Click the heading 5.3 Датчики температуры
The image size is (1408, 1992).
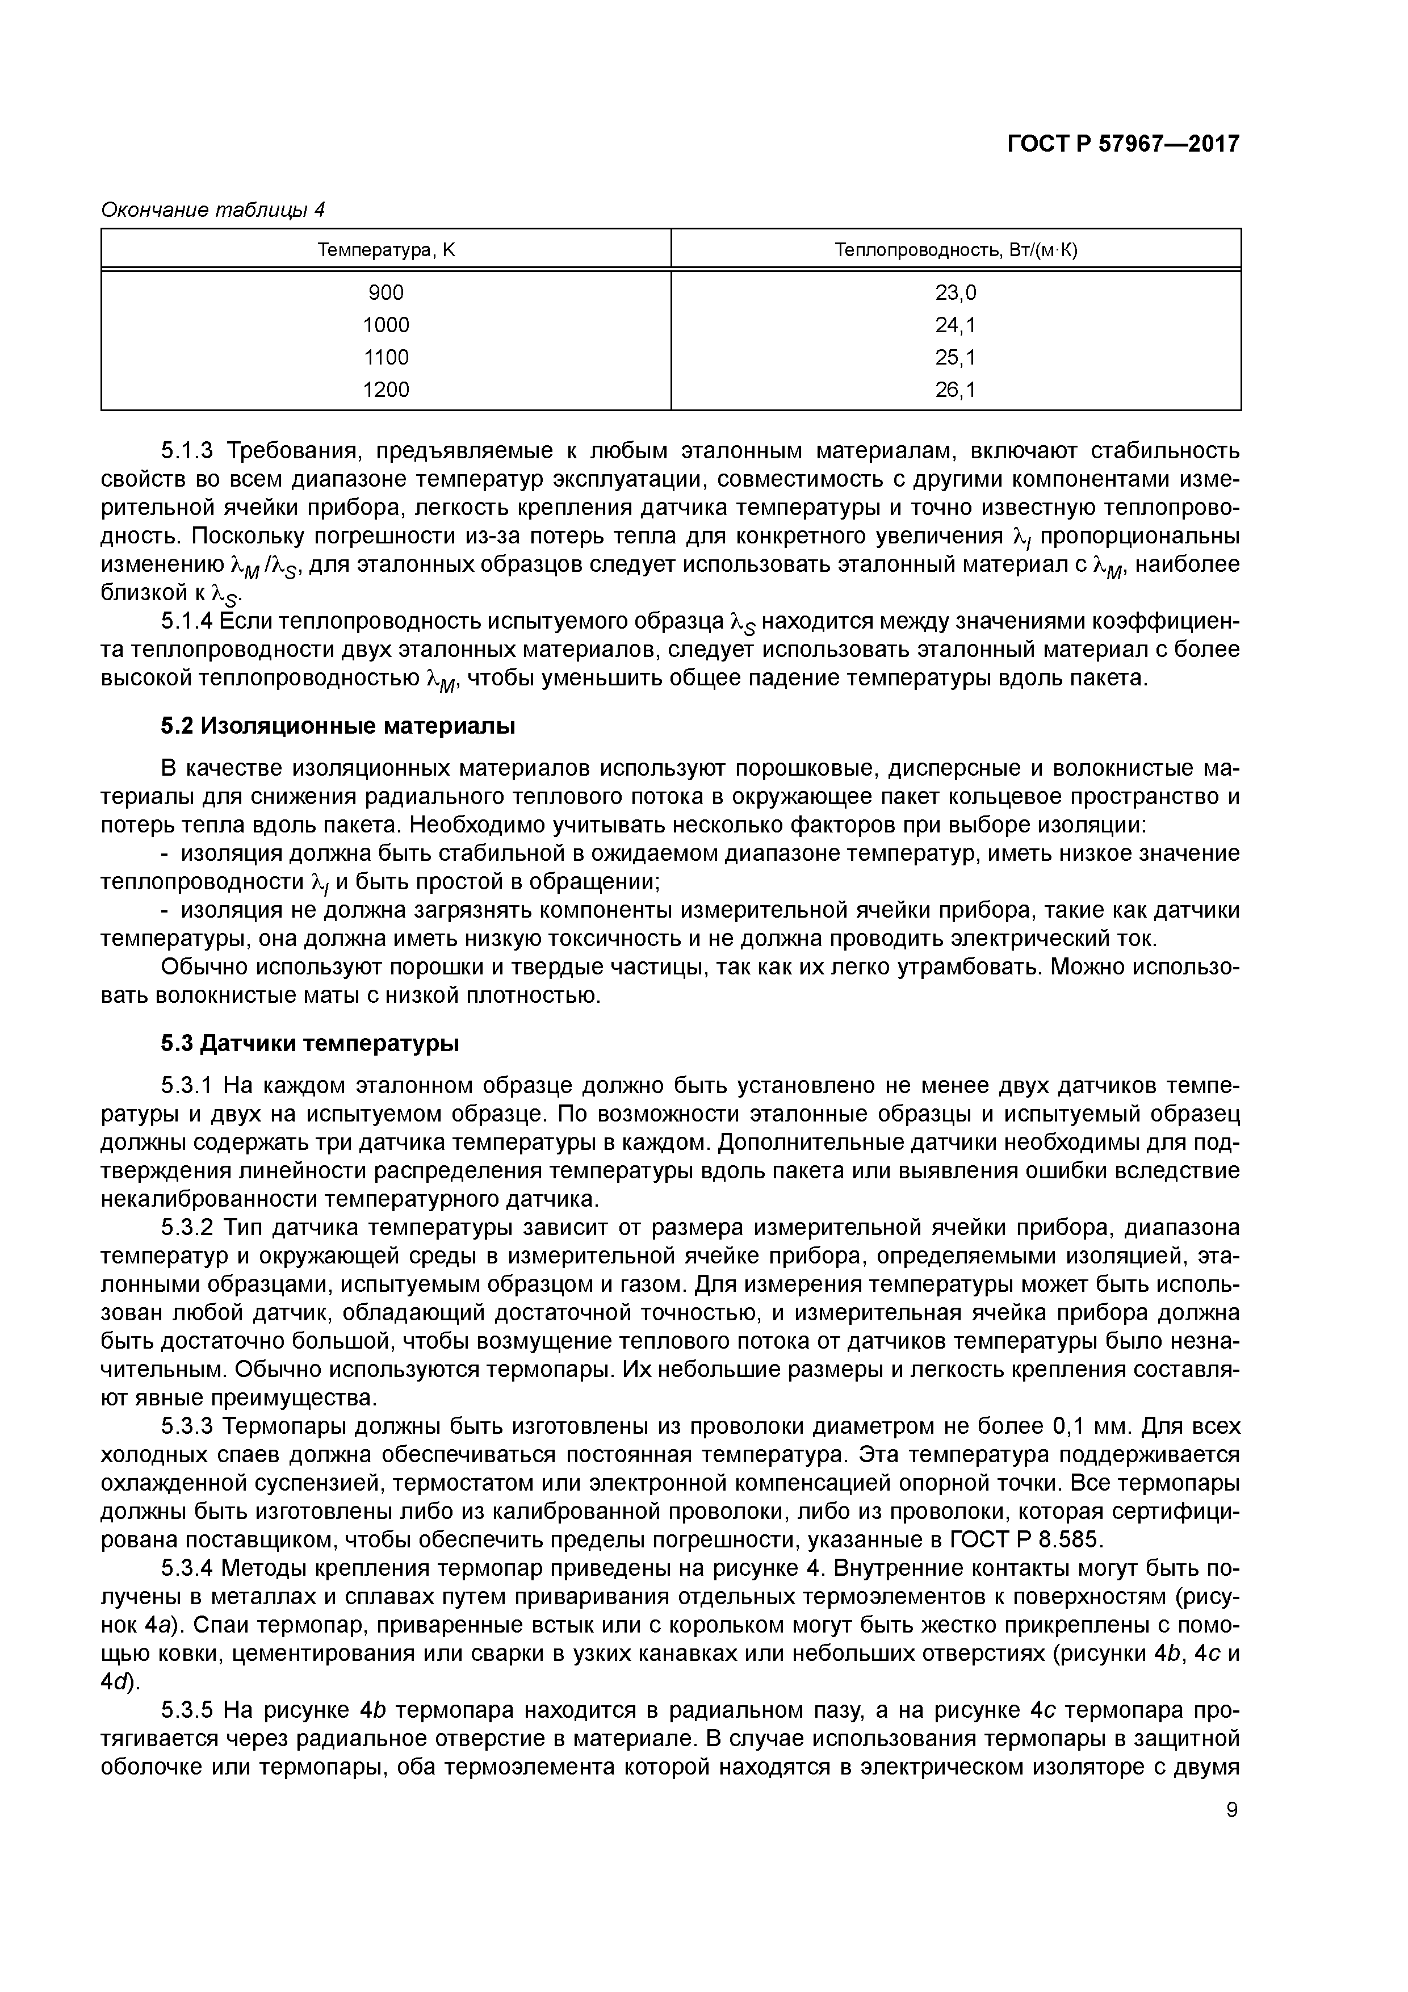click(x=310, y=1044)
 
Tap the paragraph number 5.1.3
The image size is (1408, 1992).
click(x=187, y=451)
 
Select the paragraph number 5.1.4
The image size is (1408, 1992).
click(x=187, y=621)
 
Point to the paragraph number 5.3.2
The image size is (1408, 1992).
click(x=187, y=1228)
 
